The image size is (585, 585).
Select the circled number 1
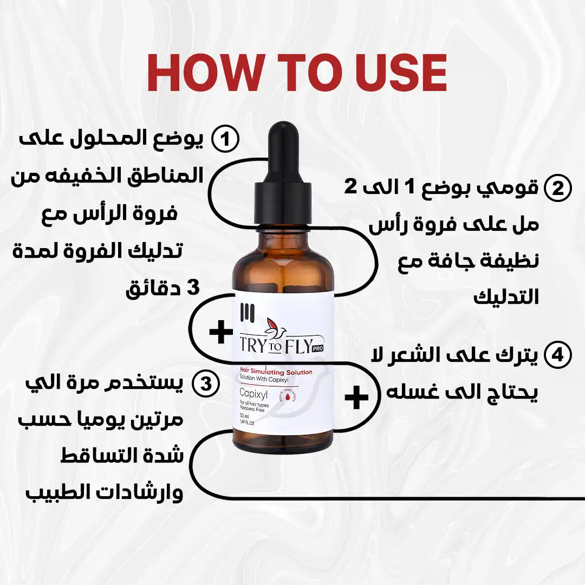point(225,139)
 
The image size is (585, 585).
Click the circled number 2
point(558,188)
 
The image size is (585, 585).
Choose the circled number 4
point(557,355)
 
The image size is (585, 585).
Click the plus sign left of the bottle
point(221,332)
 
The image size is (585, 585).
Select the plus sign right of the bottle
point(356,398)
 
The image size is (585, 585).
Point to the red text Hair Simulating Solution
point(276,371)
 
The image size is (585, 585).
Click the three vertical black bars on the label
point(246,315)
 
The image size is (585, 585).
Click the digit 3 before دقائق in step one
point(193,288)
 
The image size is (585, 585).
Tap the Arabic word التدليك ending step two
point(506,297)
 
